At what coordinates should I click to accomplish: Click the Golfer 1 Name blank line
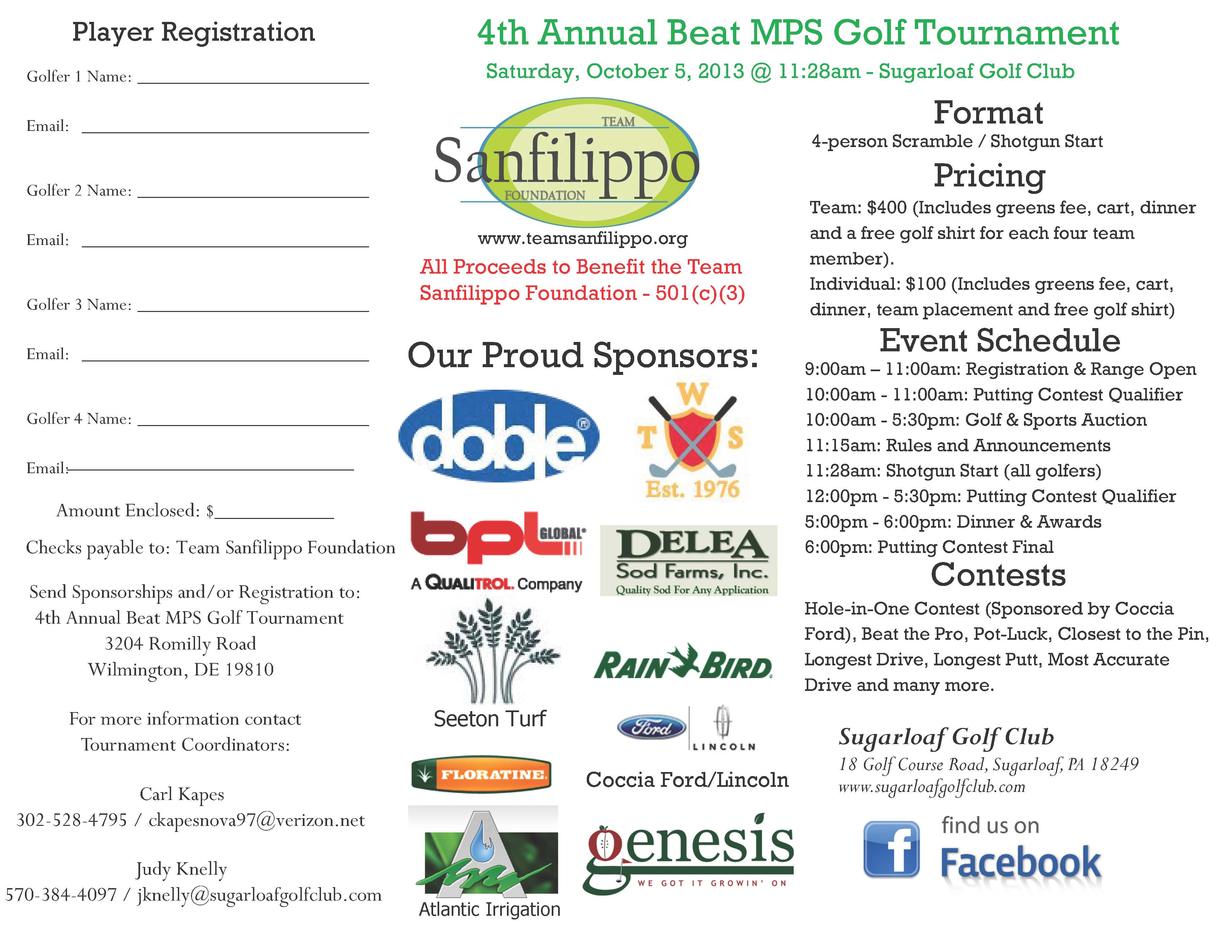pos(253,82)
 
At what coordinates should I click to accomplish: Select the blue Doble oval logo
pos(498,435)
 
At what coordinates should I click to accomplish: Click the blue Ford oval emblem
pos(651,728)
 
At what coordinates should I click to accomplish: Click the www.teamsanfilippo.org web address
pos(582,239)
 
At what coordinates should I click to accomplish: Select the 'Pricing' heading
pos(989,175)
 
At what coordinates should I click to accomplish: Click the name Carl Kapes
pos(182,794)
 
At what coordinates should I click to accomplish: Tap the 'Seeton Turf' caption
pos(490,719)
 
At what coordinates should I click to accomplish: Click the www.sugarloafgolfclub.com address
pos(931,787)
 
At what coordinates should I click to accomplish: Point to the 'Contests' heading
pos(998,575)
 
